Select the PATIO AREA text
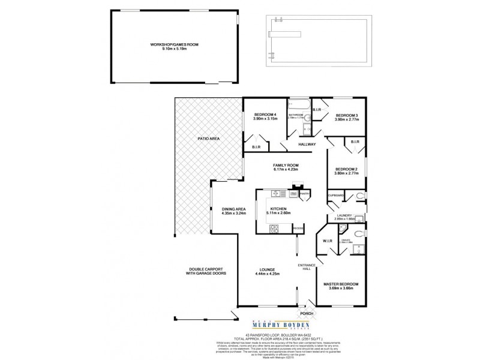coord(208,139)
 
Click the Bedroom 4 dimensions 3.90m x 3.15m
coord(265,119)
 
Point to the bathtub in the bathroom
coord(298,108)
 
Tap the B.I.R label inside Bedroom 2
coord(354,142)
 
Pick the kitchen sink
coord(277,193)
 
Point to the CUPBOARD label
coord(336,196)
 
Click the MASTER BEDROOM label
coord(341,284)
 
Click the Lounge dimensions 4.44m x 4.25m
coord(266,275)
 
